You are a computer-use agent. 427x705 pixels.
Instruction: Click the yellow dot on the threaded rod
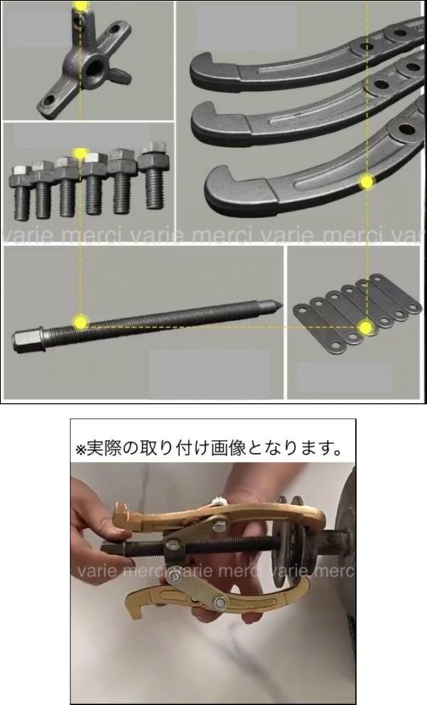(80, 322)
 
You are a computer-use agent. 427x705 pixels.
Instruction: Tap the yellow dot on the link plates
(367, 328)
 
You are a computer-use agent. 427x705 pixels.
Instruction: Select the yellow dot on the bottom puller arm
(367, 182)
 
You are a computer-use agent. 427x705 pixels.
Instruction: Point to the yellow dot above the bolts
(80, 154)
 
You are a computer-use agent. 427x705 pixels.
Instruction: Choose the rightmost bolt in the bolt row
(153, 176)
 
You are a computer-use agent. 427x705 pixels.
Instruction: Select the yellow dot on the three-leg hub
(80, 6)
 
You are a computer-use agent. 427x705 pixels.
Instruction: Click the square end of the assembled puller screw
(109, 548)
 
